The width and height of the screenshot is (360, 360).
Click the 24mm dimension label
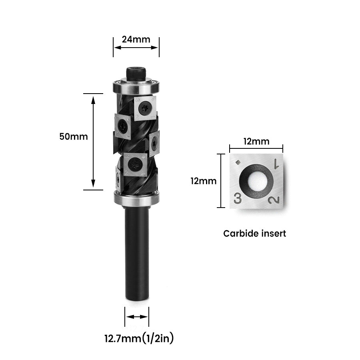[136, 39]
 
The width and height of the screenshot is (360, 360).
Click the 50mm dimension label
[73, 136]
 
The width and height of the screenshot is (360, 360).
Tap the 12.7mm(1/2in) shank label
[139, 339]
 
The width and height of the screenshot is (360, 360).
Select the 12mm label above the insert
[256, 141]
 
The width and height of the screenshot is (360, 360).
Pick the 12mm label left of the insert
[203, 181]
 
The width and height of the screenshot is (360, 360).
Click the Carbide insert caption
[254, 234]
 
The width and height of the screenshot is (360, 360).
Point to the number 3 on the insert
[238, 198]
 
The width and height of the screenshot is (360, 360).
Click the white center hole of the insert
[256, 181]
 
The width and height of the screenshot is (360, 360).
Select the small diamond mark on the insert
[238, 162]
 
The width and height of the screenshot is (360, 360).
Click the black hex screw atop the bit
[136, 74]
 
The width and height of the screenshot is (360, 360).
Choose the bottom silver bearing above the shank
[136, 198]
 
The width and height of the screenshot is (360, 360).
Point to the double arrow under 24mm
[136, 47]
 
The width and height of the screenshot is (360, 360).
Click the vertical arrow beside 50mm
[93, 142]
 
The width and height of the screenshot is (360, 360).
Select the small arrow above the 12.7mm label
[137, 316]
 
